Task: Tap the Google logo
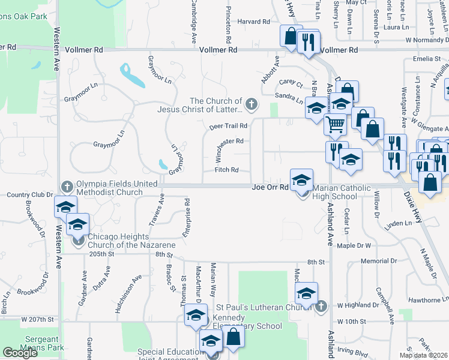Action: click(x=20, y=353)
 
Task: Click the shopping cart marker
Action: click(x=335, y=124)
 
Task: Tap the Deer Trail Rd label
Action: click(x=229, y=126)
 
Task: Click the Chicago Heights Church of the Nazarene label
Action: click(x=131, y=241)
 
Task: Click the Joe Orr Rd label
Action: click(x=267, y=187)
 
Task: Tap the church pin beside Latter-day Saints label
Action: click(x=252, y=105)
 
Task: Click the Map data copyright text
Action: click(x=423, y=355)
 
